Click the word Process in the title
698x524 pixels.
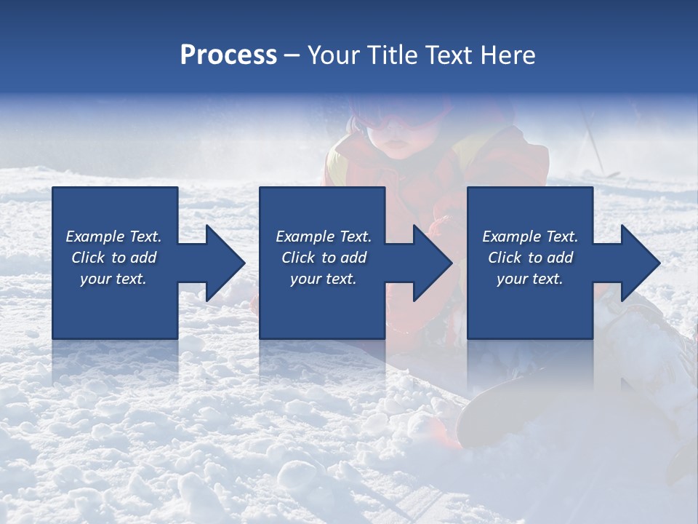[228, 55]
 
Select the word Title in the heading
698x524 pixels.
[396, 55]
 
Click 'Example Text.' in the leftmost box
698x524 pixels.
[113, 237]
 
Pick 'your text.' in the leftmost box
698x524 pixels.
[113, 279]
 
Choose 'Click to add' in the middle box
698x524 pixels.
[324, 258]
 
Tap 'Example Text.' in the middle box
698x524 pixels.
[324, 237]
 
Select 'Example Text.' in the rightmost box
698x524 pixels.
[530, 237]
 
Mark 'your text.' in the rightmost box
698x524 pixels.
[530, 279]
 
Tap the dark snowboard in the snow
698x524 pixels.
[502, 408]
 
